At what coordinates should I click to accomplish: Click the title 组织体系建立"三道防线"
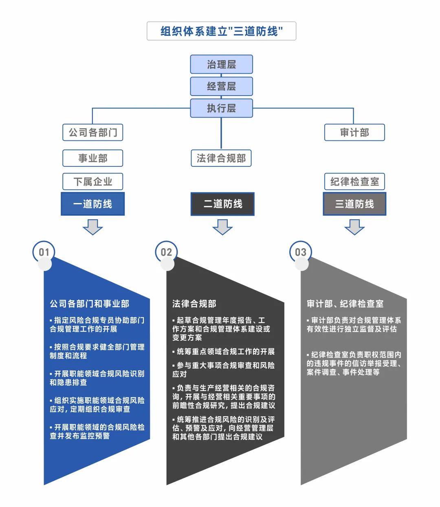[221, 31]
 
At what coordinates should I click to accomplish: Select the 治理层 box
[221, 64]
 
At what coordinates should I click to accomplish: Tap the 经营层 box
[221, 86]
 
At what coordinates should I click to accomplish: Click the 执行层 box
[221, 108]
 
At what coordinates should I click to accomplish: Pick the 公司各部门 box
[92, 133]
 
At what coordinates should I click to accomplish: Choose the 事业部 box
[92, 158]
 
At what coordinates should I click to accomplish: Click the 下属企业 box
[92, 181]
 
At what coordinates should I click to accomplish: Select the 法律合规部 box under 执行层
[221, 158]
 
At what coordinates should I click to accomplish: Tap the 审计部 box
[354, 133]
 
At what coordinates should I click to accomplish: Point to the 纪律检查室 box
[354, 181]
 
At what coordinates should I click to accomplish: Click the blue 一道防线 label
[92, 204]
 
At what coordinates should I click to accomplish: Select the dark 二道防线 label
[222, 204]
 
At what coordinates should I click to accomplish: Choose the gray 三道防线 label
[354, 204]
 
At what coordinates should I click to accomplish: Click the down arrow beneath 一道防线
[92, 227]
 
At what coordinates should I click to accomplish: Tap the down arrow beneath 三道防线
[354, 227]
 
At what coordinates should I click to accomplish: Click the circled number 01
[44, 252]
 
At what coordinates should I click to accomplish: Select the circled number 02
[166, 252]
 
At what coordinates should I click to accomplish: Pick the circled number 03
[300, 252]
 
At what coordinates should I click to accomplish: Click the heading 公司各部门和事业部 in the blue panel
[89, 304]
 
